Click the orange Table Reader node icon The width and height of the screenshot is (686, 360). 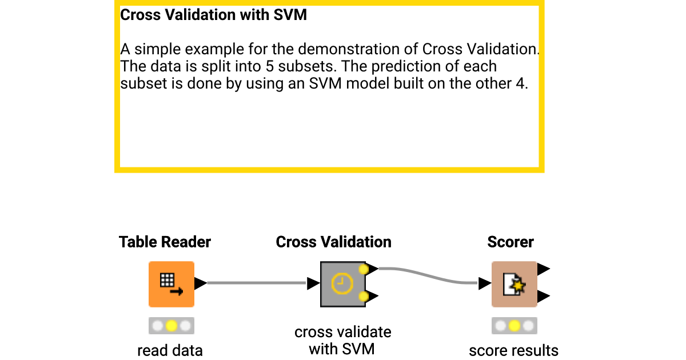[x=171, y=284]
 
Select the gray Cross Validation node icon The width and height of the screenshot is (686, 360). [x=342, y=284]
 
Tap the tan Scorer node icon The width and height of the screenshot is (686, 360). [x=514, y=284]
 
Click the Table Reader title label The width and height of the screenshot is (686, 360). [x=165, y=242]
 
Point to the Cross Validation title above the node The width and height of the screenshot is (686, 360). [x=333, y=242]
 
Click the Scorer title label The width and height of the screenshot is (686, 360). [x=510, y=242]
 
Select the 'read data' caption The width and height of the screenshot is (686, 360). [x=170, y=350]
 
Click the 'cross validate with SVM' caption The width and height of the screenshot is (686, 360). [x=342, y=340]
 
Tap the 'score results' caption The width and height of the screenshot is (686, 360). [x=513, y=350]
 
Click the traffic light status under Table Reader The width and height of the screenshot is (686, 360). [x=171, y=326]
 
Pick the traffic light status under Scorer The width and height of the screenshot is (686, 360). [x=514, y=326]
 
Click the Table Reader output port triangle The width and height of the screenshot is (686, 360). [x=200, y=283]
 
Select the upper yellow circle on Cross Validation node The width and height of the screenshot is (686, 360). [x=363, y=269]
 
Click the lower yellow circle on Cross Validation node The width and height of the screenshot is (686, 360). [x=363, y=295]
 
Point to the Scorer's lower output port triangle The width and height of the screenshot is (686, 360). [x=544, y=296]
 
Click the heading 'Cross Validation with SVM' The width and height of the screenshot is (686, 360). [x=213, y=15]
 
